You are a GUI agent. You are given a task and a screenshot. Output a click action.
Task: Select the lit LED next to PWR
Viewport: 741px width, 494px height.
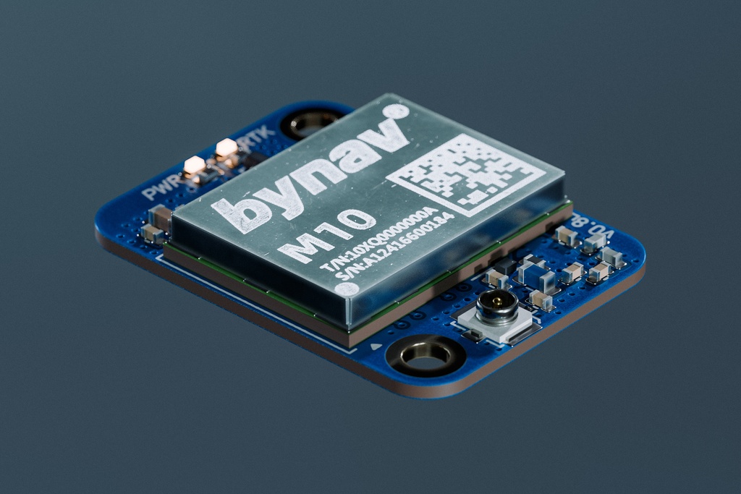(x=194, y=166)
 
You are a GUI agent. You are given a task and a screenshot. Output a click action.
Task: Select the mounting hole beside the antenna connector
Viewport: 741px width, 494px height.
(x=425, y=354)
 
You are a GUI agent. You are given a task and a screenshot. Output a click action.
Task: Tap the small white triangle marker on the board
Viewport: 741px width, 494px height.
(x=375, y=347)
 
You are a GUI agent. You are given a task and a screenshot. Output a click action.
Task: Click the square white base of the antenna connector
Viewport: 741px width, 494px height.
(x=496, y=323)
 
